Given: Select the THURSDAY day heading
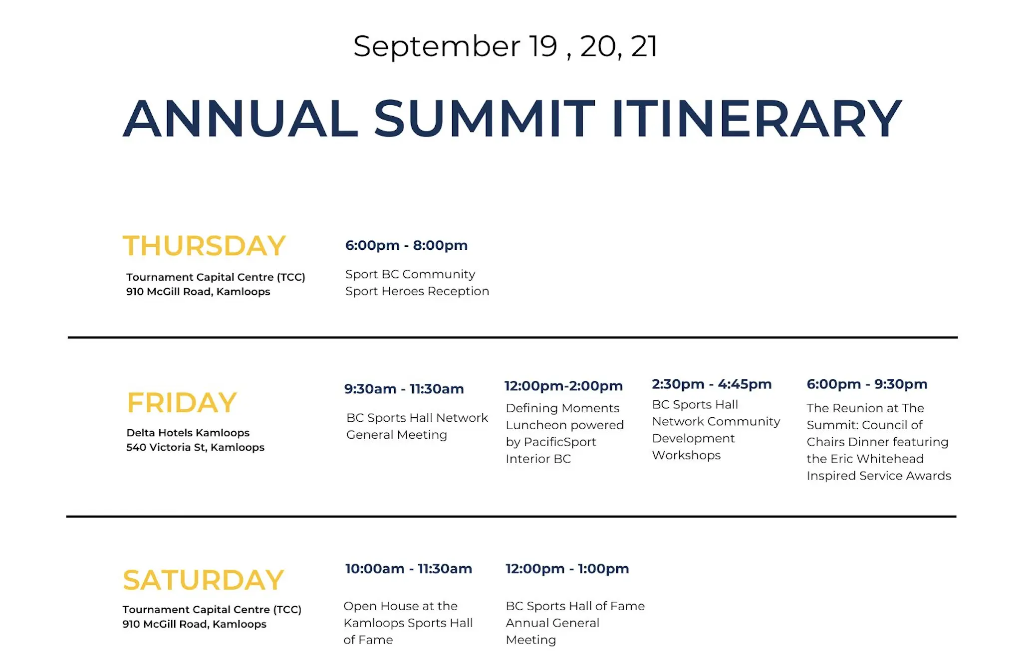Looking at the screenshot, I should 204,246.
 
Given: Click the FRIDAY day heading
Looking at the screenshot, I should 182,402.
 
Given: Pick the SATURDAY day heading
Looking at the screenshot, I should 203,580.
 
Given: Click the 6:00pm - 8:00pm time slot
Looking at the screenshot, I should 406,245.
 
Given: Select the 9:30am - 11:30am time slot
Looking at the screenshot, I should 404,389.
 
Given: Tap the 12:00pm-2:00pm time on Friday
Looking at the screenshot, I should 563,386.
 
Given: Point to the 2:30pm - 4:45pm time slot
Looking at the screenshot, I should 712,384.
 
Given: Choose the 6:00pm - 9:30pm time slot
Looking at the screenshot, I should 867,384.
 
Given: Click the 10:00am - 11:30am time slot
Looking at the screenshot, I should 408,569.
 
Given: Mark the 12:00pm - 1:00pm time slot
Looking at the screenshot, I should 567,569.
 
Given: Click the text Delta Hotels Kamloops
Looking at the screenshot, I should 188,433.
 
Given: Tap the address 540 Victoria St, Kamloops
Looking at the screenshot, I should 195,447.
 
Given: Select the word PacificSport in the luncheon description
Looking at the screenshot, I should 560,442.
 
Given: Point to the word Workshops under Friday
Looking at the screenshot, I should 686,455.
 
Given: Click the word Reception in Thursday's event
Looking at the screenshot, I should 459,291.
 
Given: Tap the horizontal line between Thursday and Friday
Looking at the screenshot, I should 513,337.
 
